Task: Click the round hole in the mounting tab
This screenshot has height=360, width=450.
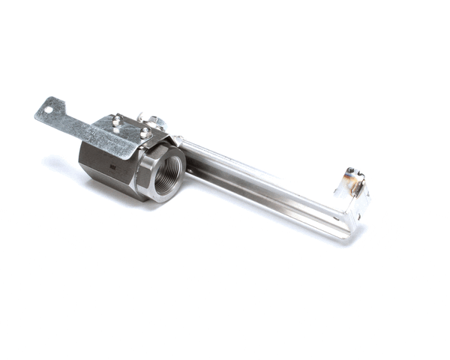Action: pyautogui.click(x=49, y=110)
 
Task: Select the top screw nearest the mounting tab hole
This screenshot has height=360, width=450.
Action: pyautogui.click(x=117, y=119)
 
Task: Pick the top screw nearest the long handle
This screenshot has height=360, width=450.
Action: pyautogui.click(x=145, y=133)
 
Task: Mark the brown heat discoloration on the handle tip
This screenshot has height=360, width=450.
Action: pyautogui.click(x=349, y=180)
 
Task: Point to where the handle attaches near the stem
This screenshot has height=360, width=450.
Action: pyautogui.click(x=184, y=150)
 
